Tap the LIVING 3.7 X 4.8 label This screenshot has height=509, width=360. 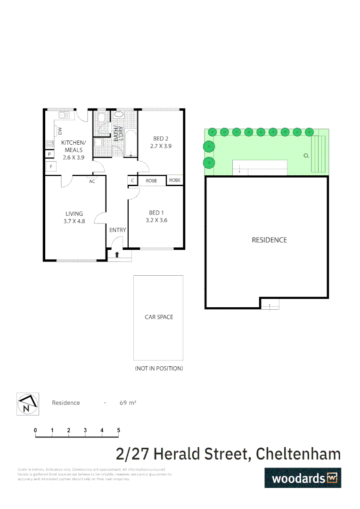click(x=74, y=217)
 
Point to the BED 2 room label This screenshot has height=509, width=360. click(x=161, y=142)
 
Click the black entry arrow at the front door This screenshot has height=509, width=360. click(x=117, y=254)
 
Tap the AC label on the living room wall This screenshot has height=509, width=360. click(x=92, y=181)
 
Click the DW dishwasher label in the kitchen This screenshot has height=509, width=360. click(x=60, y=131)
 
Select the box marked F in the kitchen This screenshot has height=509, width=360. click(x=50, y=166)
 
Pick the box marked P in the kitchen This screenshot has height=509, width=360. click(x=49, y=154)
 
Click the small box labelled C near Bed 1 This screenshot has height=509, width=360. click(x=132, y=181)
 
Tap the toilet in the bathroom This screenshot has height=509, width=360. click(x=119, y=115)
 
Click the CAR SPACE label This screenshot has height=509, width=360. click(x=159, y=317)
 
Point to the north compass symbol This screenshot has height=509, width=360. click(x=27, y=404)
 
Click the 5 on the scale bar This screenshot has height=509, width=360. click(x=118, y=430)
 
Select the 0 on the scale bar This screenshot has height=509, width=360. click(x=35, y=430)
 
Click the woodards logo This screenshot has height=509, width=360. click(x=303, y=477)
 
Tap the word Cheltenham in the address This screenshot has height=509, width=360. click(x=297, y=454)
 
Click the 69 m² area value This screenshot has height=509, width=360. click(x=128, y=403)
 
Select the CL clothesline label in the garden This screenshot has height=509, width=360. click(x=306, y=155)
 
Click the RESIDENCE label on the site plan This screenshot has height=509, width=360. click(x=269, y=240)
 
